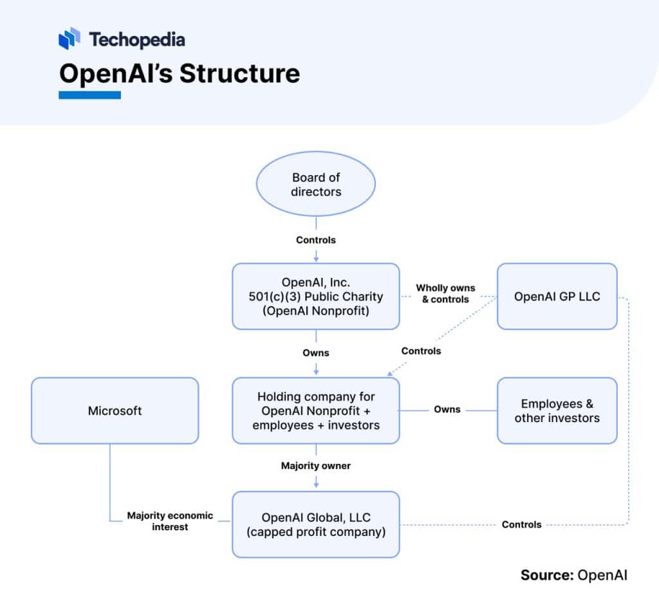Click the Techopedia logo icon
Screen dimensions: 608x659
(x=70, y=39)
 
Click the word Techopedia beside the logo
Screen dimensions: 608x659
(x=137, y=40)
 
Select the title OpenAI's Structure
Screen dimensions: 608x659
(x=179, y=73)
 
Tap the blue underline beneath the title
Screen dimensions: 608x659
(x=89, y=95)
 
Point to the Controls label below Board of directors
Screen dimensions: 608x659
(x=316, y=240)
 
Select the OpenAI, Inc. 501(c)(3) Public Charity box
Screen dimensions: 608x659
(x=315, y=297)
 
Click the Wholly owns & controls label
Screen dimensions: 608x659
(x=445, y=293)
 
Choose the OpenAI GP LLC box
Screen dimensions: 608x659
(x=557, y=297)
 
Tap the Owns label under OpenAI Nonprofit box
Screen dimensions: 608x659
(x=316, y=353)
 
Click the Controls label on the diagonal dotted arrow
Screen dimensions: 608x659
(x=421, y=351)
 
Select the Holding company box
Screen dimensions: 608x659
(x=315, y=410)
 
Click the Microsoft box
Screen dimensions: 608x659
(x=115, y=410)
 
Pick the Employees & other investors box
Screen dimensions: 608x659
(x=557, y=410)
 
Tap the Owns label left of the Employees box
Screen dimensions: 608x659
(x=447, y=409)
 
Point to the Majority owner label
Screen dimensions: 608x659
(x=316, y=466)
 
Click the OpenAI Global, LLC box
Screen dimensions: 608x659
(x=315, y=524)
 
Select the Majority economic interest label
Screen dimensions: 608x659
(x=170, y=521)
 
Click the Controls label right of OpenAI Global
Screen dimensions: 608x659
(x=521, y=524)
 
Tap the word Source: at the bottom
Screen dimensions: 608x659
(x=546, y=575)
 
